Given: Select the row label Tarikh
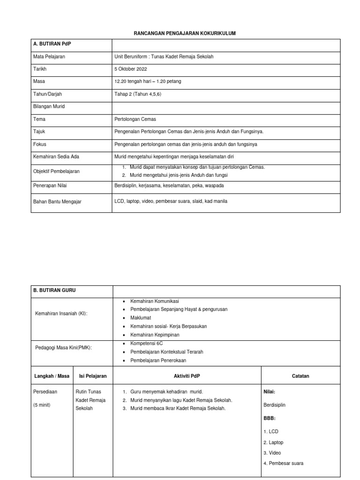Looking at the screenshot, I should [x=40, y=69].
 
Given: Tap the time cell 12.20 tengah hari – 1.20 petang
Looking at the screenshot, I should [x=148, y=81].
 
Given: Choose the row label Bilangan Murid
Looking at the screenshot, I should [x=49, y=106].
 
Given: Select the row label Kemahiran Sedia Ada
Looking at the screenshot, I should [x=56, y=156].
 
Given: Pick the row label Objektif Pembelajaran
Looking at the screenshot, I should [x=56, y=171].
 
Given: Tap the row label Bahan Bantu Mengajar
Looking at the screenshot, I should [x=57, y=201].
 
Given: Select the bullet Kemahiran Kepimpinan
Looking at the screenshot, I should [x=155, y=335].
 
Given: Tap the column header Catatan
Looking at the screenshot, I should [x=300, y=376].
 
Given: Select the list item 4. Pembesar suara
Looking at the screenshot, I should [x=283, y=463].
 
